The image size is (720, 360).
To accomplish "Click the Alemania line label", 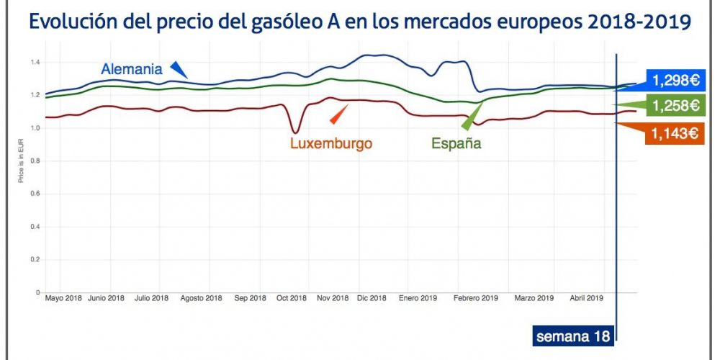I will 132,69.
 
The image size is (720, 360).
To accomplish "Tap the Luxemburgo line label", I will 331,143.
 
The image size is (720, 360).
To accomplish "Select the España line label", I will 456,143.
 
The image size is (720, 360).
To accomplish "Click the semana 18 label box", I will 573,336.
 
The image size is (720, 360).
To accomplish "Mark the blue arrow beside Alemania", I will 179,69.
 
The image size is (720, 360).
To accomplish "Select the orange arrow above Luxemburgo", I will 338,114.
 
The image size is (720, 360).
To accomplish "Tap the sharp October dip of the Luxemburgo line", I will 295,132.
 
